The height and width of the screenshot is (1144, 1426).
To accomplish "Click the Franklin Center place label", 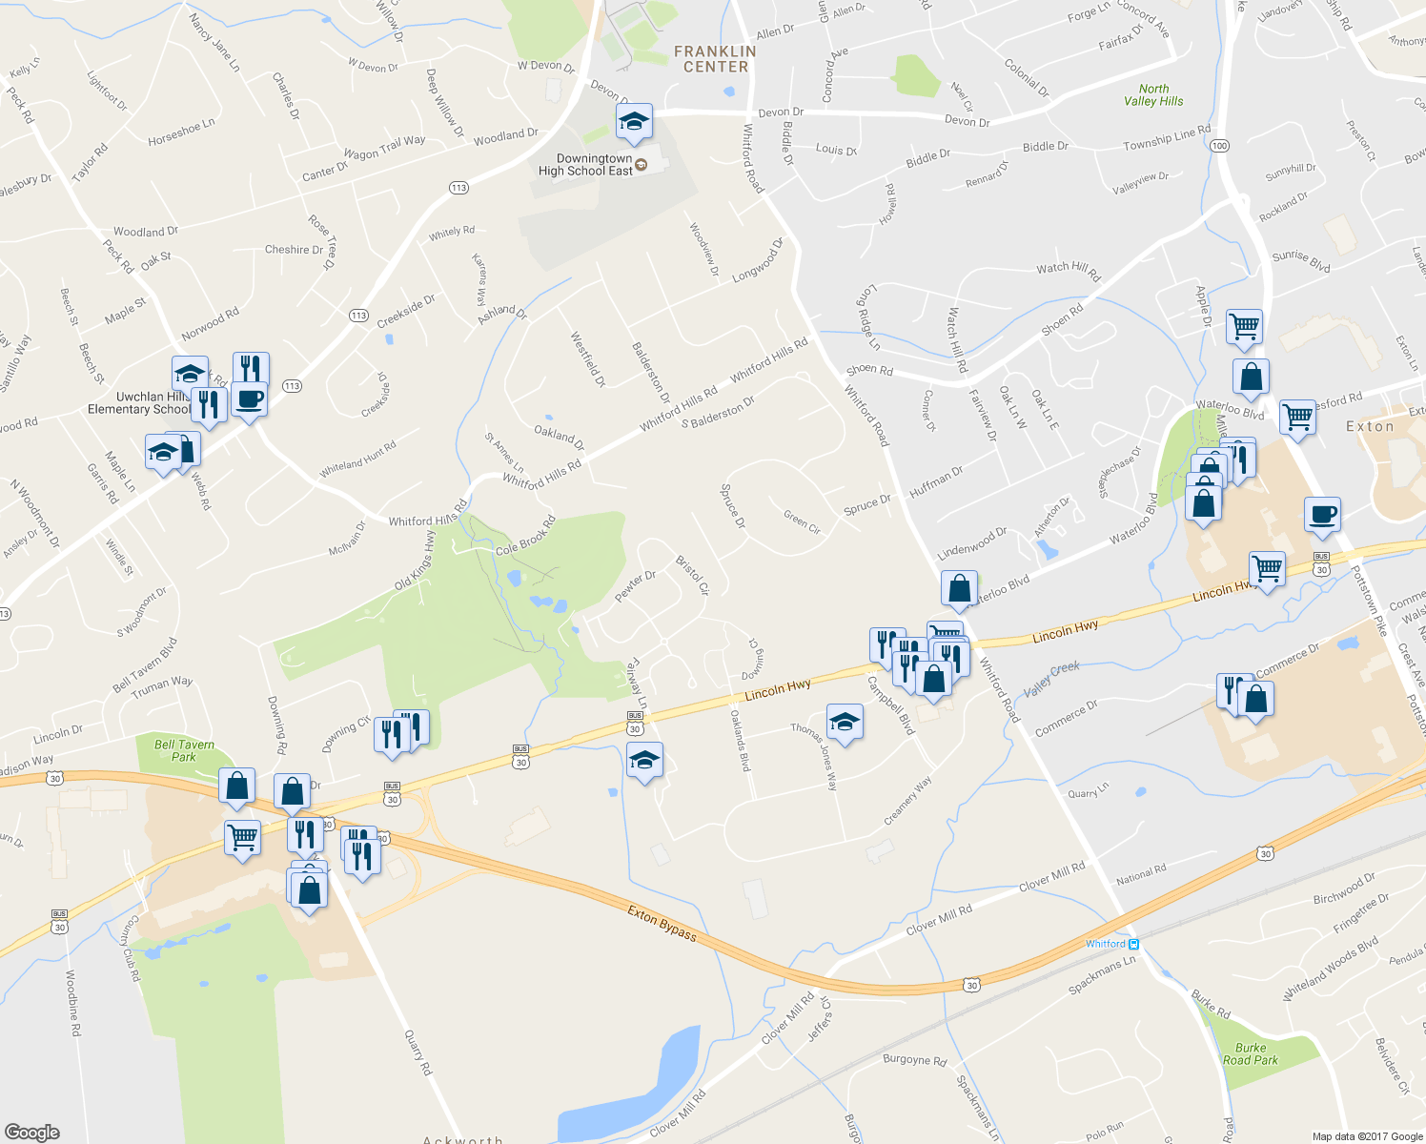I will pyautogui.click(x=715, y=59).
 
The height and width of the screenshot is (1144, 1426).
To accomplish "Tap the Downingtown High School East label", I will pyautogui.click(x=585, y=165).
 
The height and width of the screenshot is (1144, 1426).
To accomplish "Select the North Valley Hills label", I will pyautogui.click(x=1153, y=94).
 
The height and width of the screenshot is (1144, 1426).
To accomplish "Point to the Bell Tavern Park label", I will pyautogui.click(x=184, y=750).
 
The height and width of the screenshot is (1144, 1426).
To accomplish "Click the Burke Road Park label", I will pyautogui.click(x=1251, y=1053).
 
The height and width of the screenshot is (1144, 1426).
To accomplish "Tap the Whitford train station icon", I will pyautogui.click(x=1133, y=944).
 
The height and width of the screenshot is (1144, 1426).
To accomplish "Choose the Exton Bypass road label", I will pyautogui.click(x=662, y=923).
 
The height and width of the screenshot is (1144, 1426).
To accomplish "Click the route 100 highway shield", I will pyautogui.click(x=1219, y=146).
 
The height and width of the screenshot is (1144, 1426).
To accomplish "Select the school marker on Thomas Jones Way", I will pyautogui.click(x=845, y=724).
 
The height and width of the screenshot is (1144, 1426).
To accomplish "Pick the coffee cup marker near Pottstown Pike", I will pyautogui.click(x=1322, y=515).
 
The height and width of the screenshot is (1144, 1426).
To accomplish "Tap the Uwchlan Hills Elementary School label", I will pyautogui.click(x=138, y=403).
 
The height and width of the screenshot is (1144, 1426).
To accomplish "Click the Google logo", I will pyautogui.click(x=32, y=1132).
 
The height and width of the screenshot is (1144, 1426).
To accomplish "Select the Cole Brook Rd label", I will pyautogui.click(x=525, y=537).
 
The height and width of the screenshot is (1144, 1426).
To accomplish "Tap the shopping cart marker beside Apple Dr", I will pyautogui.click(x=1244, y=326).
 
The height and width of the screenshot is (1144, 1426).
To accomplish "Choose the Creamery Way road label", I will pyautogui.click(x=907, y=801).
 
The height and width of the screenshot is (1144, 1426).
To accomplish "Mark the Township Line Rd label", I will pyautogui.click(x=1167, y=137).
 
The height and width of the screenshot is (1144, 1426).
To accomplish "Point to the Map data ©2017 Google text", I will pyautogui.click(x=1367, y=1136).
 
